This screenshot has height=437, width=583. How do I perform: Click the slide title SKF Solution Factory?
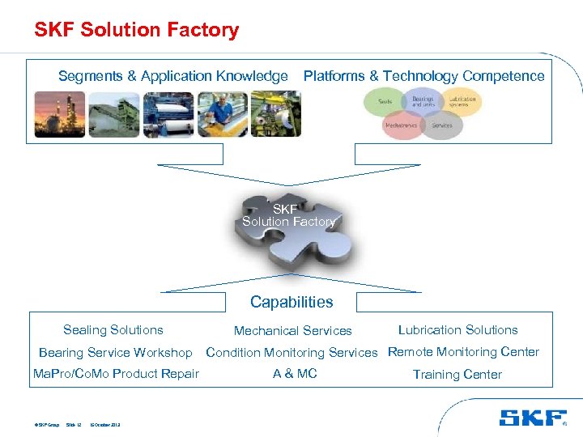(x=136, y=31)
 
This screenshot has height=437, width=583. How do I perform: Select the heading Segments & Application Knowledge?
(x=172, y=76)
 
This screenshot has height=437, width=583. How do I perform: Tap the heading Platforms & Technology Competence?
(x=423, y=76)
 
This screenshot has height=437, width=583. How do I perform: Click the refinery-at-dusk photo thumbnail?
(x=58, y=114)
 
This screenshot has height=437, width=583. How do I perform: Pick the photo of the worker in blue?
(x=221, y=114)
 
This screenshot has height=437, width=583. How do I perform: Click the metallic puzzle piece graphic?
(x=291, y=230)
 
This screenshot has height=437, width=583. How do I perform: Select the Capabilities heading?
(x=291, y=302)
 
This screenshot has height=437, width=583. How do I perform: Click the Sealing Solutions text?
(x=113, y=330)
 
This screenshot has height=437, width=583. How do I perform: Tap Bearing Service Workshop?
(x=116, y=353)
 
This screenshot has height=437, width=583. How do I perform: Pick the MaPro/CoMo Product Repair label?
(x=116, y=374)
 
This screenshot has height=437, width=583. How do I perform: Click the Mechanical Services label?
(x=292, y=331)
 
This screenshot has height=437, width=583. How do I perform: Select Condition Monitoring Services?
(x=291, y=353)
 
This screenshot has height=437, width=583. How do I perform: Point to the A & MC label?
(x=295, y=374)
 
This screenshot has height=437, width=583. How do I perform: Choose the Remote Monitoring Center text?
(x=463, y=352)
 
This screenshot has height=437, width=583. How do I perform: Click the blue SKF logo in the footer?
(x=532, y=418)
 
